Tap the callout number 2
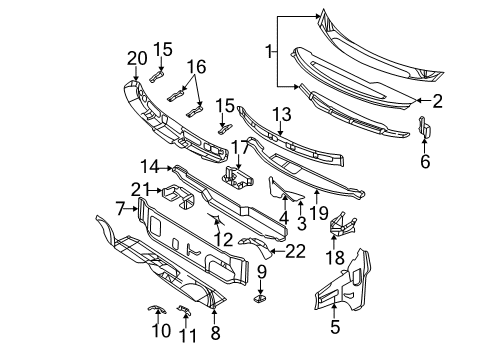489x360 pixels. [437, 100]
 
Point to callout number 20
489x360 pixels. [136, 57]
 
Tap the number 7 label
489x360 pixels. [120, 208]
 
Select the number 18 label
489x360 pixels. [335, 258]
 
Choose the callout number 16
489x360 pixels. [196, 68]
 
